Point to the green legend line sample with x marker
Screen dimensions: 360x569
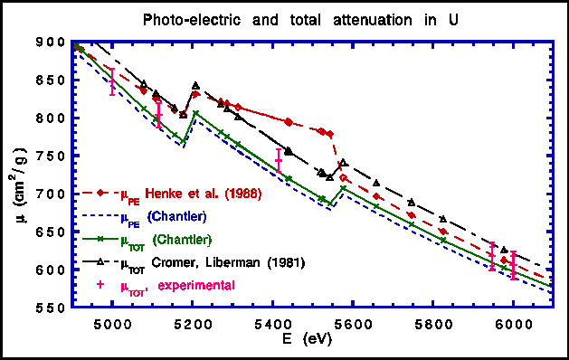(100, 241)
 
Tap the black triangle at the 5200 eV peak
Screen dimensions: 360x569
(195, 86)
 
